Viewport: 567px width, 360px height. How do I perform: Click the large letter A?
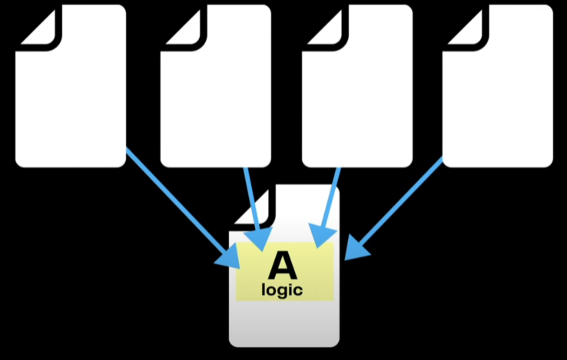(283, 266)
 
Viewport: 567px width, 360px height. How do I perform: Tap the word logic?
(283, 290)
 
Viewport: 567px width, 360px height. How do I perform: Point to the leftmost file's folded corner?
(35, 26)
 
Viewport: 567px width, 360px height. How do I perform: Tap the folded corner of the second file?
(179, 26)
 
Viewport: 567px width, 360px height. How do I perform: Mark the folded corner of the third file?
(321, 26)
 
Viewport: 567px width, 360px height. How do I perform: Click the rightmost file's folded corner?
(462, 26)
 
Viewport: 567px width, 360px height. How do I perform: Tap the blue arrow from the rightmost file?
(400, 203)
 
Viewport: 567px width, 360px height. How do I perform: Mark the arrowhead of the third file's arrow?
(320, 233)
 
